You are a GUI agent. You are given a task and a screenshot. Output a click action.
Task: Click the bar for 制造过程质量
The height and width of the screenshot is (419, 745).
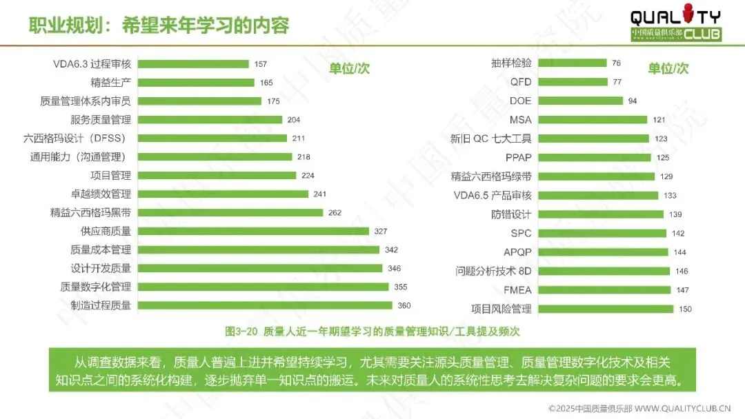[265, 305]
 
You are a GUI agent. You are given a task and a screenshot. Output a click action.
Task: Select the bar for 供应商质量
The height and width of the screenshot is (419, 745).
[254, 231]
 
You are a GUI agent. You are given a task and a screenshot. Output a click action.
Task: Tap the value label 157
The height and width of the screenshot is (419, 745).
[260, 64]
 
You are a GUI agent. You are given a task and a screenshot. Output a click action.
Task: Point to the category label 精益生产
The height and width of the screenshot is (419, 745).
[110, 83]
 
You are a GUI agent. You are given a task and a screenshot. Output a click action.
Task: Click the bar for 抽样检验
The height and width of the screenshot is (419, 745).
[573, 63]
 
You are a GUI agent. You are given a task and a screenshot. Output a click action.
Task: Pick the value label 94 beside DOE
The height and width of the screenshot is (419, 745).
[633, 101]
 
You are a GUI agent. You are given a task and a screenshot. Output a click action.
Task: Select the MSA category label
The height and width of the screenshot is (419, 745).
[521, 120]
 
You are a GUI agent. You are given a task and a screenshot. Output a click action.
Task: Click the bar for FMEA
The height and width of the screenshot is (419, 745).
[604, 290]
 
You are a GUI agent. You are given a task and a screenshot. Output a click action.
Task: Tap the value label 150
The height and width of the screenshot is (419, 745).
[685, 309]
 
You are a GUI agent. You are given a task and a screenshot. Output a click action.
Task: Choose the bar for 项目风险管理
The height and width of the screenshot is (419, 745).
[606, 309]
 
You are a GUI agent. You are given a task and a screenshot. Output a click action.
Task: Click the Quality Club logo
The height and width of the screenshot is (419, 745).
[675, 23]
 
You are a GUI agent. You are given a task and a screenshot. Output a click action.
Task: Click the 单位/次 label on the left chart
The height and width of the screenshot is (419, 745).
[349, 68]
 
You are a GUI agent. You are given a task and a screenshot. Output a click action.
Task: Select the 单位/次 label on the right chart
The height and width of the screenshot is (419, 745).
[668, 68]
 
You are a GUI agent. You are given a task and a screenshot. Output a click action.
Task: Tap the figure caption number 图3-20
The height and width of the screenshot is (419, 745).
[241, 331]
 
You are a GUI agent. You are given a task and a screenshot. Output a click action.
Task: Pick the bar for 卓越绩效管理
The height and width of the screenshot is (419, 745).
[223, 194]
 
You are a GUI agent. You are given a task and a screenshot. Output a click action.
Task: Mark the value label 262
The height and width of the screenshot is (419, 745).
[335, 212]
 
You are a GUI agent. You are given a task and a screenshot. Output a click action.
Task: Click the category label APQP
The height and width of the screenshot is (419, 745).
[517, 252]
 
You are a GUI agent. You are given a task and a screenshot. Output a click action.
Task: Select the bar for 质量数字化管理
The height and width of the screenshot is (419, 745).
[264, 287]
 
